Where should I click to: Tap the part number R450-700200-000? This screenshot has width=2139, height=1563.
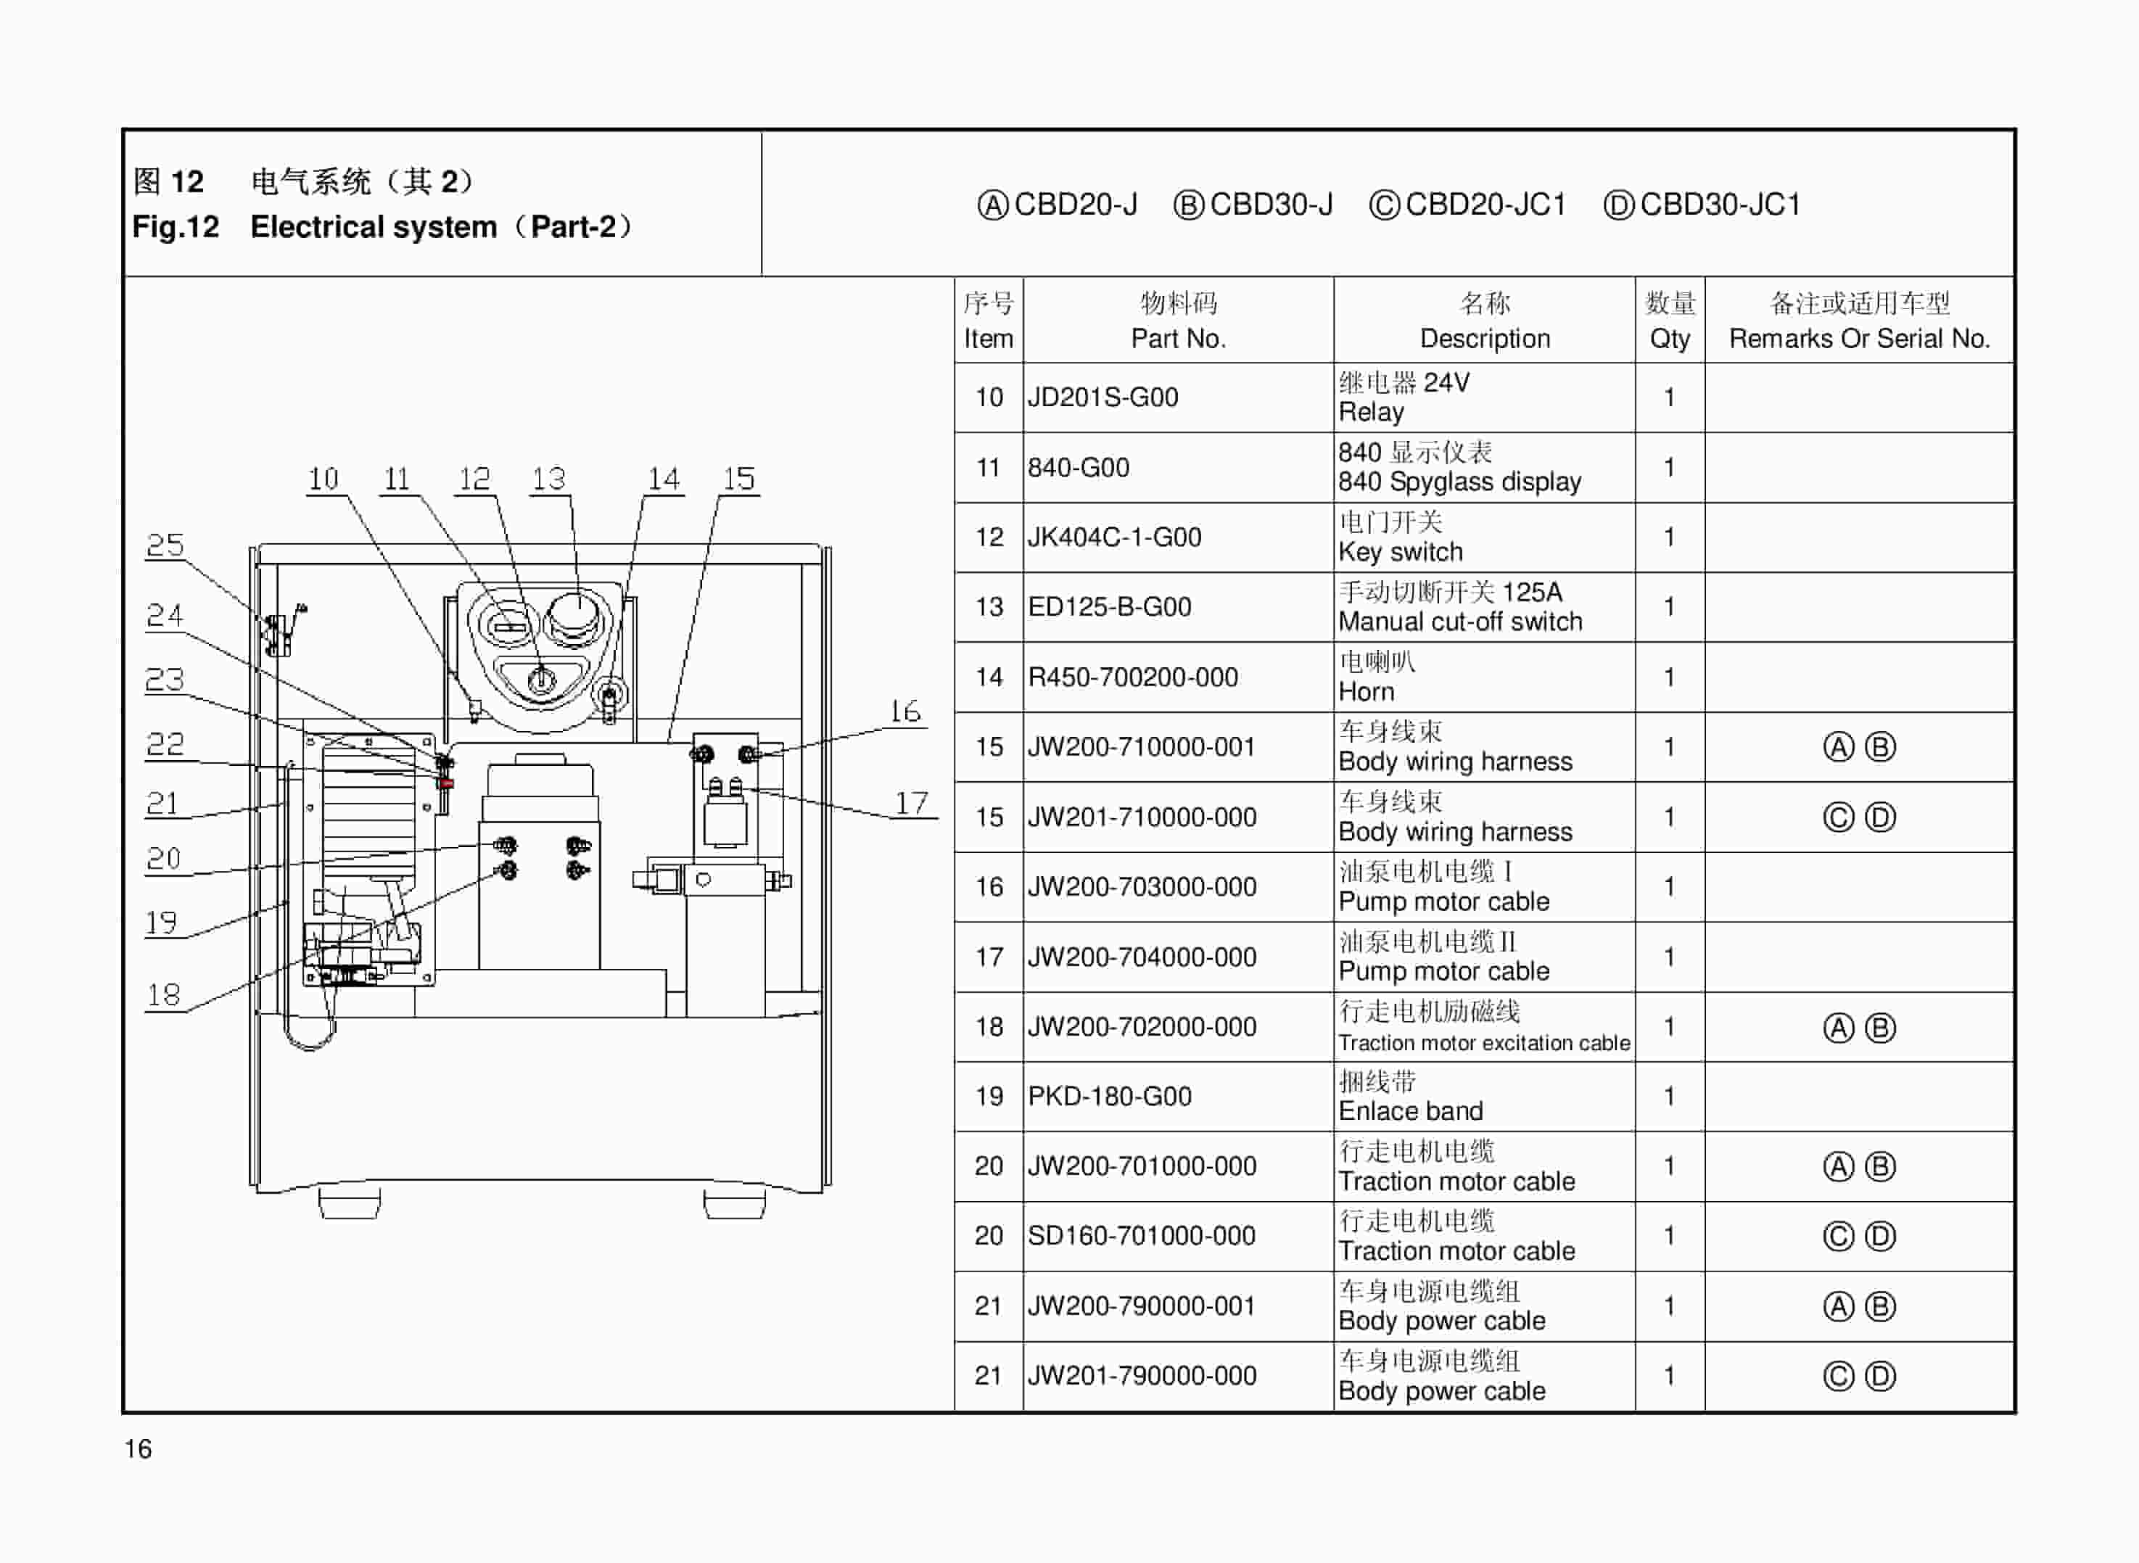(1132, 677)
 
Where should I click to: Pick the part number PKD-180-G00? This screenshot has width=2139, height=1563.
(1109, 1097)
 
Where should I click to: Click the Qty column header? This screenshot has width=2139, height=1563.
(1669, 339)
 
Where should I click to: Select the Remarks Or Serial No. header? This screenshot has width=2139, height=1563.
(1859, 339)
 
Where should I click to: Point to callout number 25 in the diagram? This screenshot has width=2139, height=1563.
(165, 545)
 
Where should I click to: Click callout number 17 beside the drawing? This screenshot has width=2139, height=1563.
(911, 804)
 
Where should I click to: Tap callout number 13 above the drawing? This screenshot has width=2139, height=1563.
(548, 479)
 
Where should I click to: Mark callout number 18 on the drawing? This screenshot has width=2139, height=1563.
(162, 994)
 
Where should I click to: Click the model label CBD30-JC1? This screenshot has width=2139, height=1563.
(1719, 205)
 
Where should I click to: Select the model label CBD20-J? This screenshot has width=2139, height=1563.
(1075, 205)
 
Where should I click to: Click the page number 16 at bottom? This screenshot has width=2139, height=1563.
(138, 1448)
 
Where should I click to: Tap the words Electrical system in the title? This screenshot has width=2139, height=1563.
(373, 227)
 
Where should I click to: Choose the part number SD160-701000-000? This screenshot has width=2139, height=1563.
(1141, 1236)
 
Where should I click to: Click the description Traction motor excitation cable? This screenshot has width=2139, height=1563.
(1483, 1043)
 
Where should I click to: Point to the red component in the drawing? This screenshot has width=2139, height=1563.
(445, 783)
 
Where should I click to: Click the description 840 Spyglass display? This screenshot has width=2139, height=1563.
(1459, 482)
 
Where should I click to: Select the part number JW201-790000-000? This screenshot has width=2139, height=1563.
(1142, 1376)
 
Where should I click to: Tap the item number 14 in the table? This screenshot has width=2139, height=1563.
(989, 677)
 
